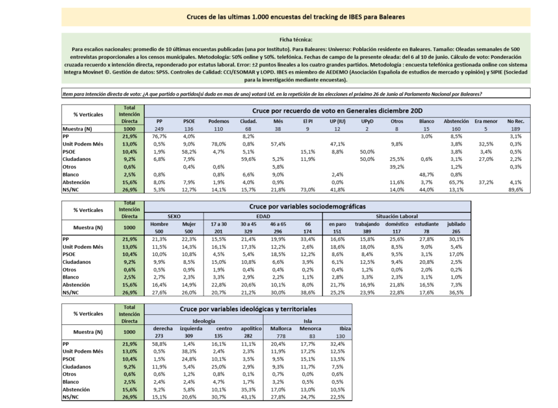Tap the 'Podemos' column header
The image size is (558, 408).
218,121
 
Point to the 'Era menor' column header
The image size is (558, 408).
486,121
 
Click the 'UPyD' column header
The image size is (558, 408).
367,121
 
